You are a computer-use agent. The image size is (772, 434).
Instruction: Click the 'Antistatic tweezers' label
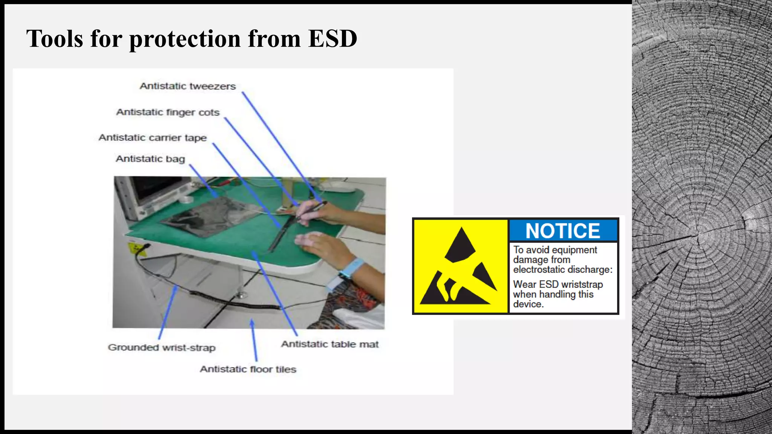(x=188, y=86)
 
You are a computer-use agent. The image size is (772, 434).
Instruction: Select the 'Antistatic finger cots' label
(x=168, y=112)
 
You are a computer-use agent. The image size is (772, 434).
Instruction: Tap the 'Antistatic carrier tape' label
(x=153, y=138)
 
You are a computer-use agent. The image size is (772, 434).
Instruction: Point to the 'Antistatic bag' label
(x=150, y=159)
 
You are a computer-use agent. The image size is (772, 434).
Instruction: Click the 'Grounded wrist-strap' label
(x=162, y=348)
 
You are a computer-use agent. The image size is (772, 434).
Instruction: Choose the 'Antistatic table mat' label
(x=330, y=344)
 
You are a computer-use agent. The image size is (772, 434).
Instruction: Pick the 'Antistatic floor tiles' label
(x=248, y=369)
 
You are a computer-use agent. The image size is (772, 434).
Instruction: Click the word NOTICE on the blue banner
(x=563, y=231)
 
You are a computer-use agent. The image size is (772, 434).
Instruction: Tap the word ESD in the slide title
(x=332, y=38)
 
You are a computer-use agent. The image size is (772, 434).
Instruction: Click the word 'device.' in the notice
(x=528, y=304)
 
